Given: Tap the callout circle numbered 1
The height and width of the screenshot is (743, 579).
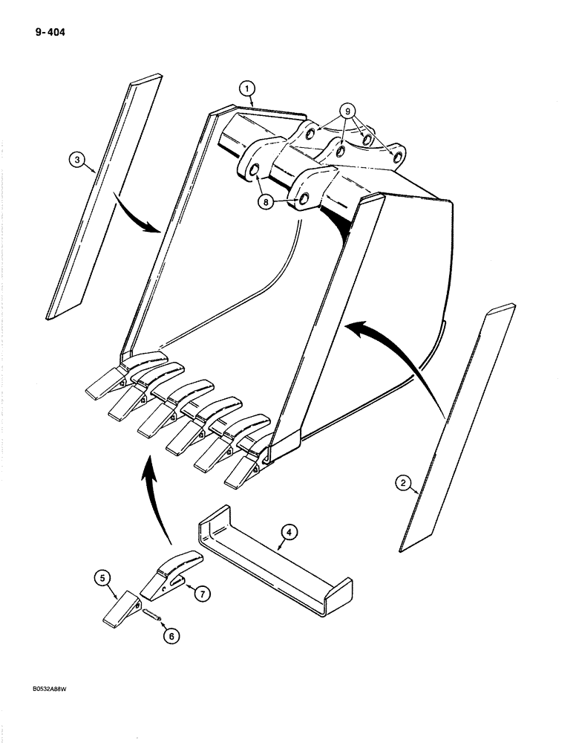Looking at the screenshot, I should tap(247, 90).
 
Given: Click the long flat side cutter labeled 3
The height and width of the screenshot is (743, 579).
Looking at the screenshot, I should tap(104, 193).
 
